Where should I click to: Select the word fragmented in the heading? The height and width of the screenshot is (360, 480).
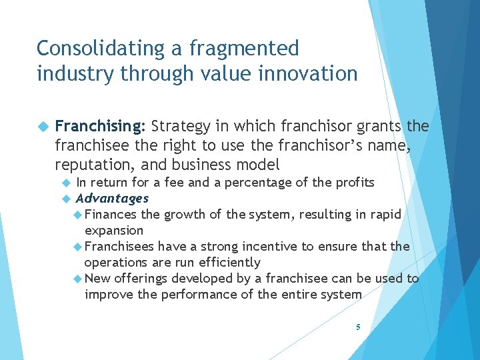pos(244,49)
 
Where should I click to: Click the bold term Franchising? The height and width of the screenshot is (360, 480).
pos(100,127)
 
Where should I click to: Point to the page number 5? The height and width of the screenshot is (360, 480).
pos(358,327)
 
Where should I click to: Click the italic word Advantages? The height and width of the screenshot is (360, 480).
pos(112,198)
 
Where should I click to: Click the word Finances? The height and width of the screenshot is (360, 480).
pos(111,214)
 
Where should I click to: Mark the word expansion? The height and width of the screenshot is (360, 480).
pos(114,230)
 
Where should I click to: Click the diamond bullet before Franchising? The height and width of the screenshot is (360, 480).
pos(43,127)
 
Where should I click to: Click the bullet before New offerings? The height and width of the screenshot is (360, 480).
pos(78,279)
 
